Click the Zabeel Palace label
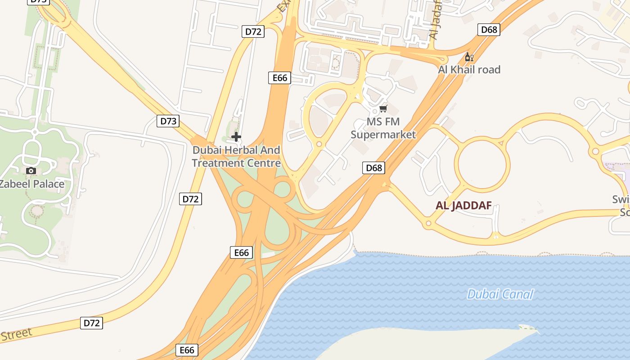[31, 184]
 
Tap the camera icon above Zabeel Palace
[31, 171]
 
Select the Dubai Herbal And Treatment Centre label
[236, 157]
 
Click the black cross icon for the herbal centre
[236, 137]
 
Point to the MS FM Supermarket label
[383, 128]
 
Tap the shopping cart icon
[383, 108]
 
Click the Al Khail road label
[469, 70]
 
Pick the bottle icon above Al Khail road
[469, 57]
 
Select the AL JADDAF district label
[463, 206]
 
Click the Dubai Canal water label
[500, 295]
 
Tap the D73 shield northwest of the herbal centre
[168, 121]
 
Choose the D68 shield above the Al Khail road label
[489, 30]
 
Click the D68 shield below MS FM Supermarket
[374, 168]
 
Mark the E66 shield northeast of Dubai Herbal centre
[279, 77]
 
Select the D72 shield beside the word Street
[92, 323]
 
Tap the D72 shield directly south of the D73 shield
[190, 198]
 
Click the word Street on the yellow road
[17, 334]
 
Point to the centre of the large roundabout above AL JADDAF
[482, 164]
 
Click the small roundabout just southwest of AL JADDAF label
[428, 223]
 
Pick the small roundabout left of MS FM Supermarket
[319, 144]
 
